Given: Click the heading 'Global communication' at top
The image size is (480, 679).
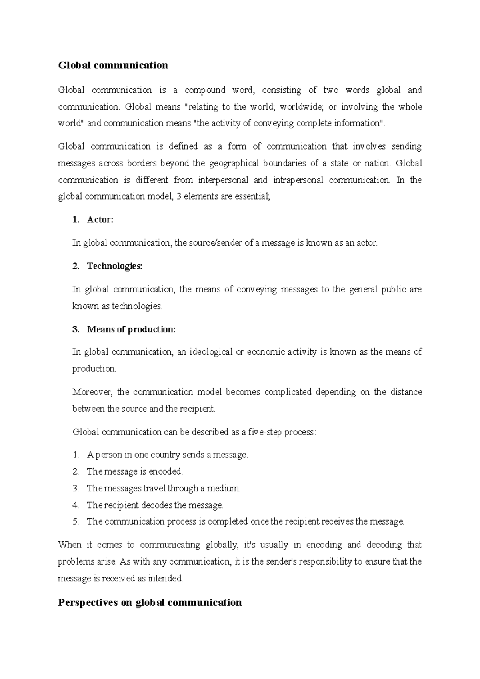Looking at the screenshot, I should (113, 65).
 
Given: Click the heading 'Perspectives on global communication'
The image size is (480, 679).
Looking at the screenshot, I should (150, 602).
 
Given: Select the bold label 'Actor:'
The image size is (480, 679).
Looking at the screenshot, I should (100, 220).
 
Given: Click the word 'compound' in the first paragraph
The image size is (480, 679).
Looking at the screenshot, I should (205, 90).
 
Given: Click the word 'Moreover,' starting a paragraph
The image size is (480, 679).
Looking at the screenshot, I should (92, 392).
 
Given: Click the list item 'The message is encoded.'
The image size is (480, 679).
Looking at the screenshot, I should (134, 471).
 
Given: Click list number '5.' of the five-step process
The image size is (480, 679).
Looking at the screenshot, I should (76, 521).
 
